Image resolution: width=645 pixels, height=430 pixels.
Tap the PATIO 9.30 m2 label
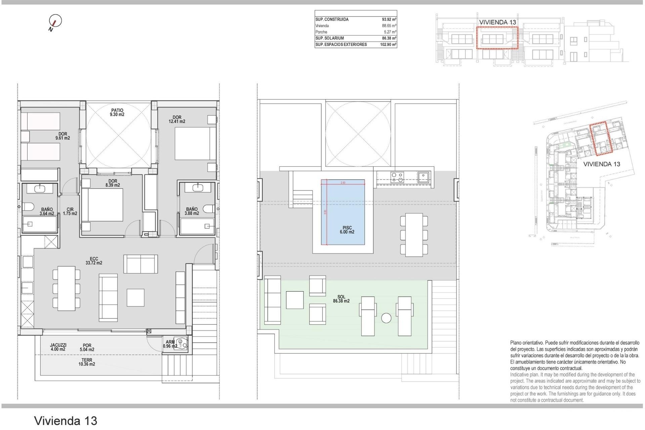click(x=117, y=113)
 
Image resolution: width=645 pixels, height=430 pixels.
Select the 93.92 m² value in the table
click(x=389, y=19)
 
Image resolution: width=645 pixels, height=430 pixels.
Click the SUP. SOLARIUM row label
click(x=330, y=38)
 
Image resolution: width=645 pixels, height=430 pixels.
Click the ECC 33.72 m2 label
click(x=94, y=261)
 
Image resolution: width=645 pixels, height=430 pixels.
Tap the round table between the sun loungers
click(x=386, y=318)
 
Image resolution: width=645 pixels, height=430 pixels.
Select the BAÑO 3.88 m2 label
click(x=192, y=211)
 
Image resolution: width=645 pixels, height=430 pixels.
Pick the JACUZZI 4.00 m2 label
click(x=58, y=347)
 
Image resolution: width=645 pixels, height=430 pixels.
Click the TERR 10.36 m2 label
click(x=87, y=362)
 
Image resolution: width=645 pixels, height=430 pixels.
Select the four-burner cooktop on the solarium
click(x=397, y=177)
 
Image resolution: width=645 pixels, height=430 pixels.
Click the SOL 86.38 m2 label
click(x=341, y=299)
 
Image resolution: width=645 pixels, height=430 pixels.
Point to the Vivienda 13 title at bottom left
click(x=66, y=421)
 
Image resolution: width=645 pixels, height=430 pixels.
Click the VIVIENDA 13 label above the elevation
click(x=498, y=22)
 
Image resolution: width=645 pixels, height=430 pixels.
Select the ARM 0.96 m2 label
click(x=170, y=344)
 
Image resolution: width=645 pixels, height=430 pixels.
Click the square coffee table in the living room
click(x=135, y=297)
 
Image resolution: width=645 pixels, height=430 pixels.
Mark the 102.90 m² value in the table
click(x=388, y=45)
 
